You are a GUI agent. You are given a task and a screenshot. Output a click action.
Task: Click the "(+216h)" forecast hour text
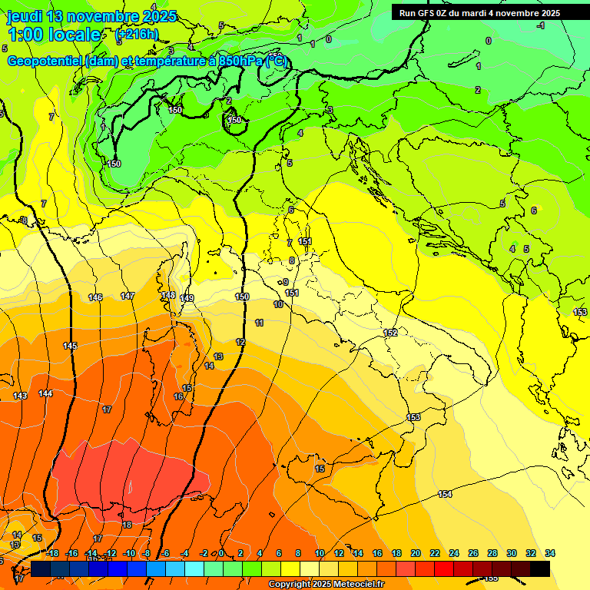(x=136, y=35)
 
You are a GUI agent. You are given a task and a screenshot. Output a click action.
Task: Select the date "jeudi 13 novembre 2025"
(x=91, y=16)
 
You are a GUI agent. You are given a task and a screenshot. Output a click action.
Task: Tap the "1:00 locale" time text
(x=55, y=35)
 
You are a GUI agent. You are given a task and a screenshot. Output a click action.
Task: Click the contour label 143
(x=20, y=396)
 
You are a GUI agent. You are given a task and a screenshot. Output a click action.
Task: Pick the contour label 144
(x=45, y=393)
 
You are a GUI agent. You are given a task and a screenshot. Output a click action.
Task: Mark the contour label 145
(x=70, y=346)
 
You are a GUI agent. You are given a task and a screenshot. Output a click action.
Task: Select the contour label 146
(x=95, y=297)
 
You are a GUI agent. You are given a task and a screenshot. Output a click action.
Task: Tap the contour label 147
(x=128, y=296)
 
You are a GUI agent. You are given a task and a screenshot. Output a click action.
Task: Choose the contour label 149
(x=187, y=298)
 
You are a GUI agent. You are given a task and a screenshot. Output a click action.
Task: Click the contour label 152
(x=390, y=333)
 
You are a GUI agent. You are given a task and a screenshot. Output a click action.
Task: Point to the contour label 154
(x=445, y=494)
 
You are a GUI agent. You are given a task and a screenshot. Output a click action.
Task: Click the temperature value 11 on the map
(x=260, y=323)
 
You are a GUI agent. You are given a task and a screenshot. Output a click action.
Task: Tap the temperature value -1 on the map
(x=541, y=25)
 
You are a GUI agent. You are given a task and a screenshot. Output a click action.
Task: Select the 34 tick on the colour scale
(x=550, y=553)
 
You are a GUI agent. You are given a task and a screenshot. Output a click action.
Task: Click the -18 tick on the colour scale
(x=53, y=553)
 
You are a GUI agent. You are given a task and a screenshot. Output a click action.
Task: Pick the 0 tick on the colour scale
(x=221, y=553)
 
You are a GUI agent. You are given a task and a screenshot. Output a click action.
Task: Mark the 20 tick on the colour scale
(x=416, y=553)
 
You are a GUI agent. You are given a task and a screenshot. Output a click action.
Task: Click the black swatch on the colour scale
(x=540, y=568)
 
